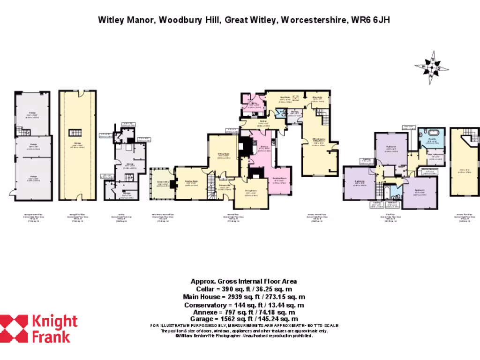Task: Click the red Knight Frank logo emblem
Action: coord(14,329)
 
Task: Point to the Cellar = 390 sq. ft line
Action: coord(243,289)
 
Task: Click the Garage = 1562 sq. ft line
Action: coord(243,319)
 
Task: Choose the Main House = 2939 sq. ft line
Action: coord(243,297)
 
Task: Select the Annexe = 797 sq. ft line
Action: coord(243,312)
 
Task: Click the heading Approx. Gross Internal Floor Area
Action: coord(243,281)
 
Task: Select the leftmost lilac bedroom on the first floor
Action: coord(359,183)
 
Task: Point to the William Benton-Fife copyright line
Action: coord(243,336)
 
